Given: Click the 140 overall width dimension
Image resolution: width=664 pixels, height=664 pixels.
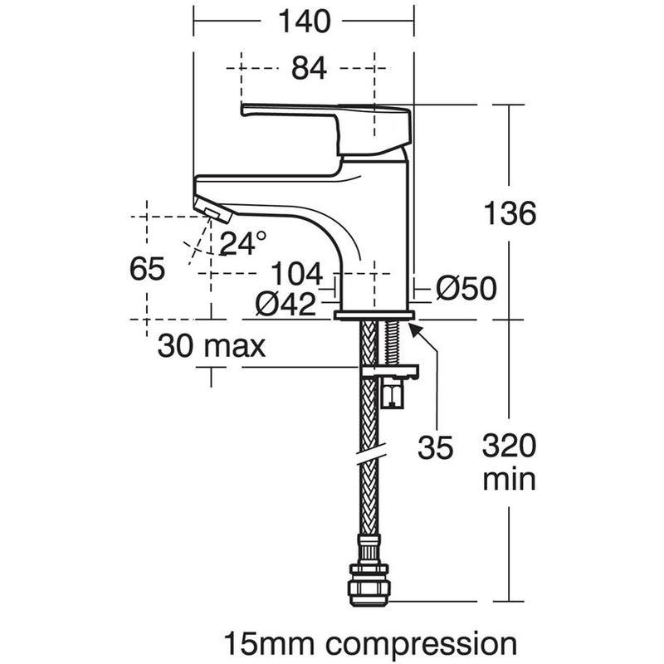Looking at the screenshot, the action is [x=304, y=22].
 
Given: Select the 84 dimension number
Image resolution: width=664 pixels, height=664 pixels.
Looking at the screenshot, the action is [x=309, y=68].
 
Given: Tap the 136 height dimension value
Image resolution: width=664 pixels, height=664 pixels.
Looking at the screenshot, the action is [x=510, y=213].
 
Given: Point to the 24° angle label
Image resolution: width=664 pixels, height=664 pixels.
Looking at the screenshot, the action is [x=242, y=243].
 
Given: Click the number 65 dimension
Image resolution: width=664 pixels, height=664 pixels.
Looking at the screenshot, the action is [x=147, y=268].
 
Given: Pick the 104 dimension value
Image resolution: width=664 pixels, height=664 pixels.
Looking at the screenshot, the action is [x=296, y=274].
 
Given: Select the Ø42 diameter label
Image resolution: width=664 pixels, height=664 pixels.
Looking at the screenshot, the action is [x=286, y=303].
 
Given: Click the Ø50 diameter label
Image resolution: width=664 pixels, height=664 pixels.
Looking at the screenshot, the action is [x=466, y=288].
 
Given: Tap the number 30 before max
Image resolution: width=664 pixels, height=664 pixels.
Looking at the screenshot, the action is [x=176, y=346].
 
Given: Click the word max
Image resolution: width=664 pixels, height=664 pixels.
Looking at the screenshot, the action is [x=235, y=348].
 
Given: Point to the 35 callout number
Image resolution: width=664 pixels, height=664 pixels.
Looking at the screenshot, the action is [x=435, y=447].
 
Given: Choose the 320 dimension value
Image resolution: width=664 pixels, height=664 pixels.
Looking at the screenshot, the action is [x=509, y=446].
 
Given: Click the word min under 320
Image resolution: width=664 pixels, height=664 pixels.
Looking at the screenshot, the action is [x=509, y=480].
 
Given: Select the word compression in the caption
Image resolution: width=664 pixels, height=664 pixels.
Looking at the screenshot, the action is [x=421, y=645].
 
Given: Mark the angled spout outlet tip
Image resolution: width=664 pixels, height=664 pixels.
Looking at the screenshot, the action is [x=213, y=211].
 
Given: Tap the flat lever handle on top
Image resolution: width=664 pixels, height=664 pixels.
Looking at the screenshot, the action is [x=326, y=127].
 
